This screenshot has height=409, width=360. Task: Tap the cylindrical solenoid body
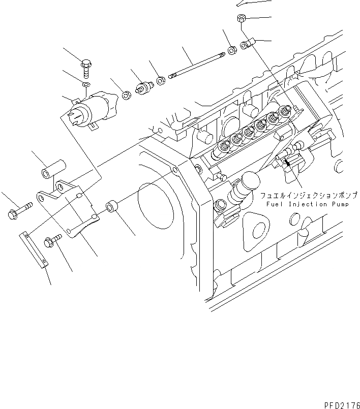click(96, 107)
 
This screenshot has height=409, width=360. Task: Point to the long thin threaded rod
click(196, 68)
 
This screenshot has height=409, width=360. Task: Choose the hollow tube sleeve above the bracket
click(54, 170)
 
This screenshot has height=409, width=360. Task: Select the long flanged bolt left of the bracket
click(19, 209)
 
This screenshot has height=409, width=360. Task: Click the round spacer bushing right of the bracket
click(113, 208)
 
